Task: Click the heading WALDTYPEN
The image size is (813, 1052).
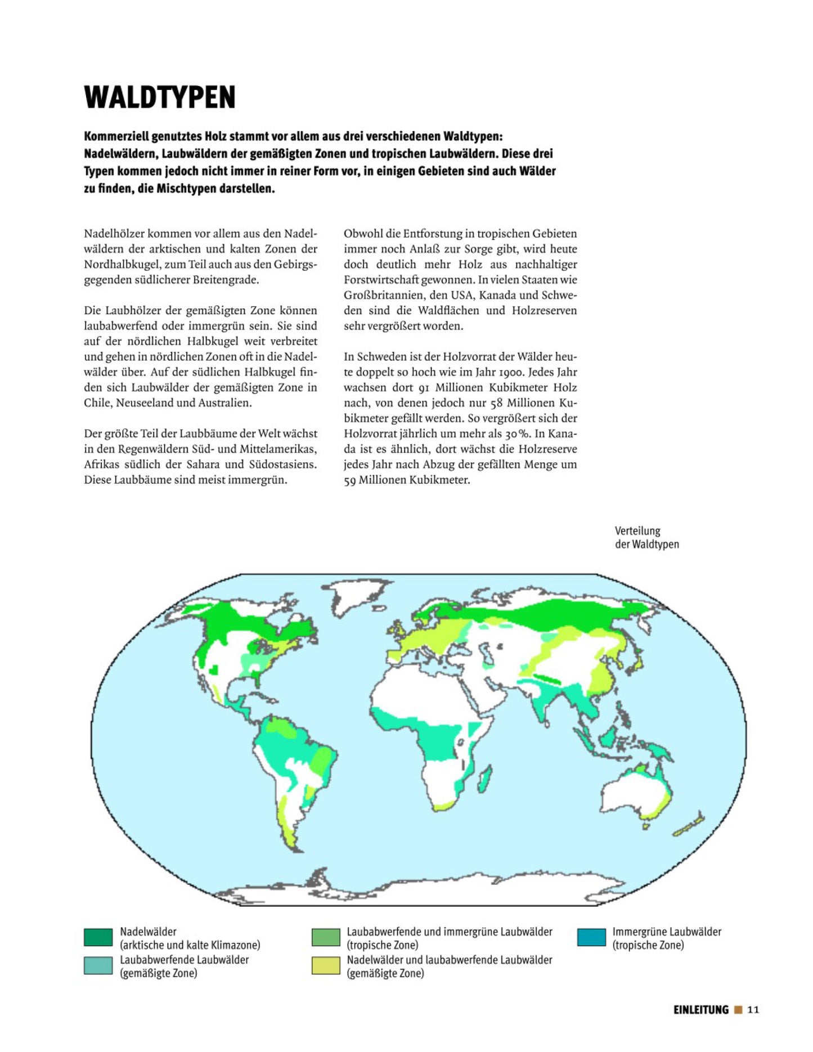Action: pos(160,97)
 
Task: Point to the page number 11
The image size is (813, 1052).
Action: pos(753,1010)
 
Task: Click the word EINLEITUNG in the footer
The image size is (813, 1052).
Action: pos(700,1010)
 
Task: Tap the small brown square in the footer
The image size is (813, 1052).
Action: pos(738,1010)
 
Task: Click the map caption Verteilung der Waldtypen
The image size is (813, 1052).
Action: pos(646,537)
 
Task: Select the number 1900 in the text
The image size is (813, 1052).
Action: pos(510,372)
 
